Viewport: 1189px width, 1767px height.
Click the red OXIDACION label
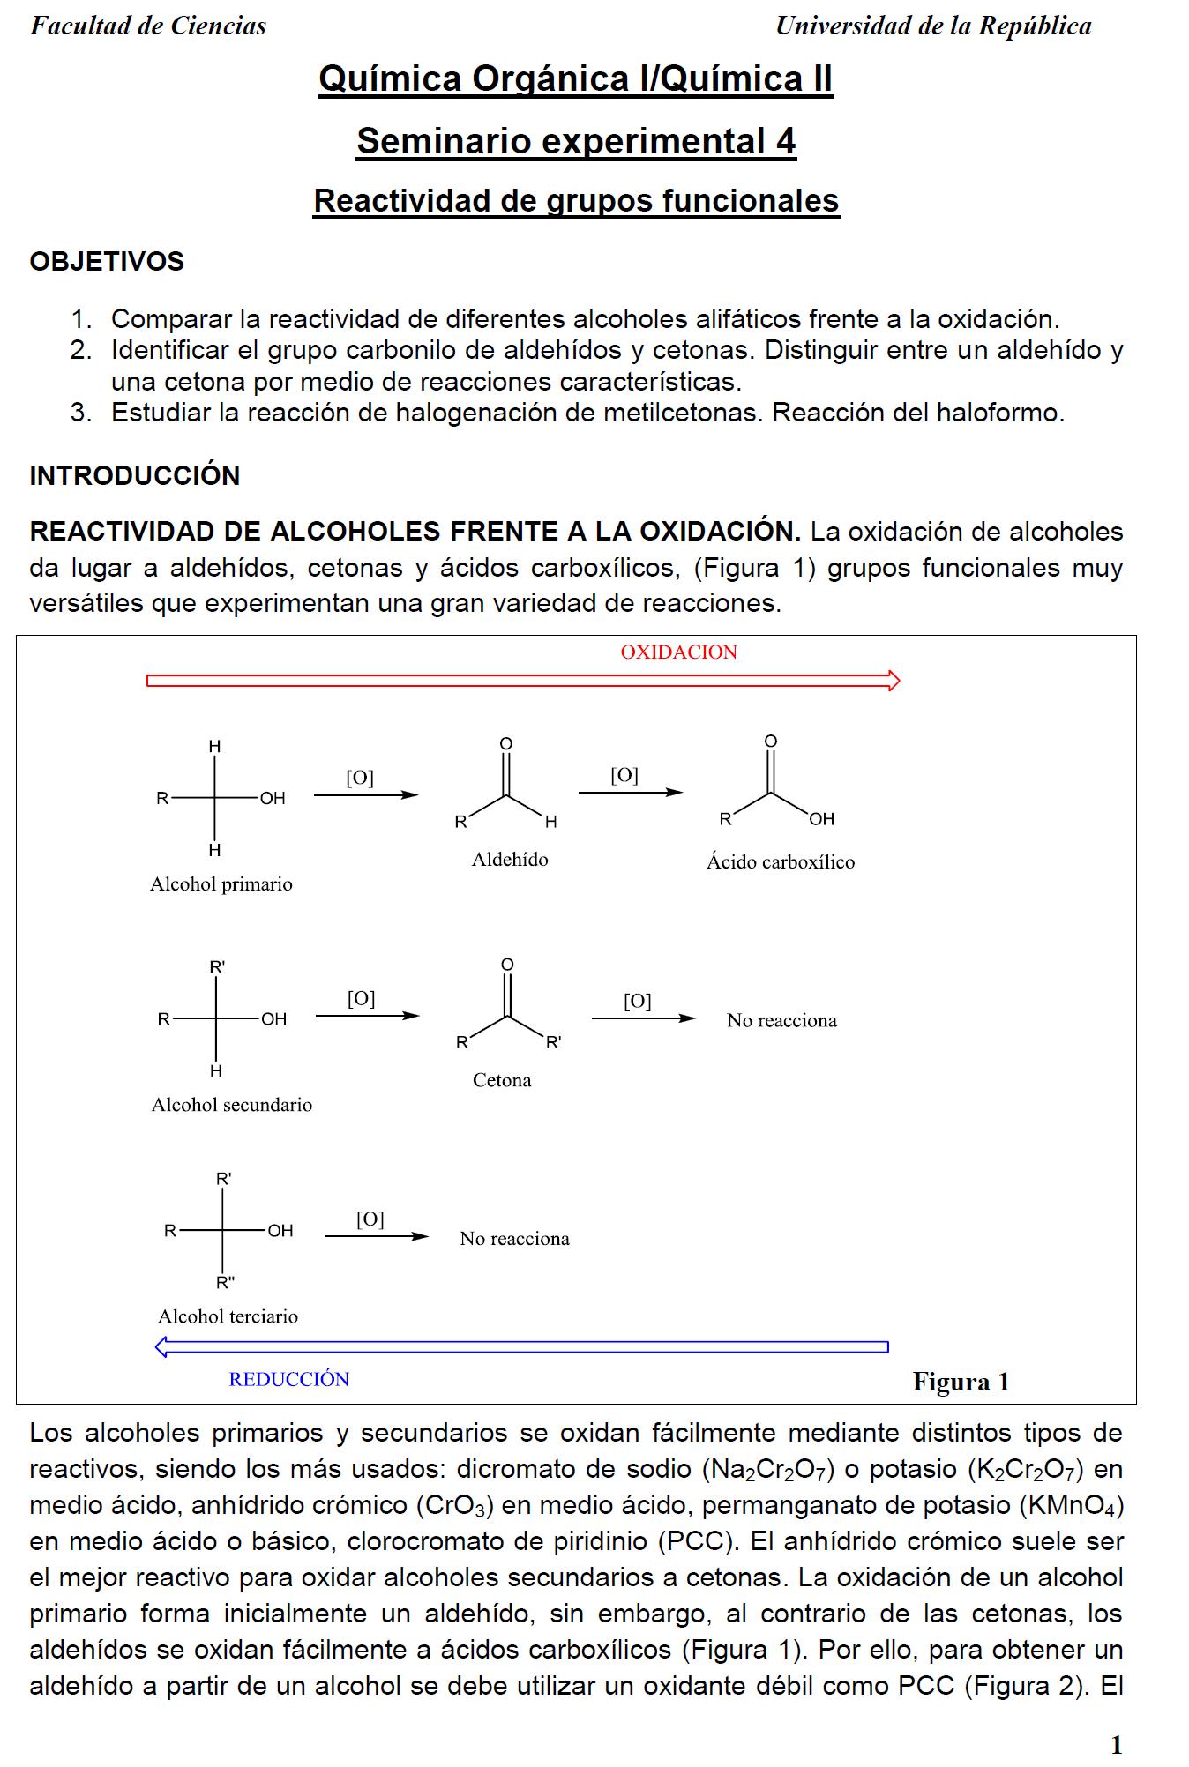tap(678, 652)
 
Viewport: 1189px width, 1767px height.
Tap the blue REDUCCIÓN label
tap(288, 1379)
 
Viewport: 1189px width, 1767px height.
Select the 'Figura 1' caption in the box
tap(961, 1382)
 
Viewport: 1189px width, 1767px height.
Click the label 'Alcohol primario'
tap(221, 884)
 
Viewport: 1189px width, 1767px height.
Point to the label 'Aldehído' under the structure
tap(510, 860)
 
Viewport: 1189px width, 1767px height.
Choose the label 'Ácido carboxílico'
tap(780, 862)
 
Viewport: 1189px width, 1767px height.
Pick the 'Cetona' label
tap(502, 1080)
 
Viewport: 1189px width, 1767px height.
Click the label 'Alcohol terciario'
tap(228, 1316)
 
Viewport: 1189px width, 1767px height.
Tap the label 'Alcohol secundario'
tap(231, 1105)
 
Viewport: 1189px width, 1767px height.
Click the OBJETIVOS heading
tap(107, 262)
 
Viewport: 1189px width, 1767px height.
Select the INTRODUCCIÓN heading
tap(134, 476)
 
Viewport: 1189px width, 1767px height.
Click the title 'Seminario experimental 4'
tap(576, 141)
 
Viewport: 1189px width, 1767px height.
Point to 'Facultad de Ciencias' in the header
tap(148, 26)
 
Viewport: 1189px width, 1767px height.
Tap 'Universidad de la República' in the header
tap(933, 26)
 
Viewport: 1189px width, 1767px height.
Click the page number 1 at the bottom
tap(1116, 1745)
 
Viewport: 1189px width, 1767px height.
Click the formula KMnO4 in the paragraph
tap(1070, 1505)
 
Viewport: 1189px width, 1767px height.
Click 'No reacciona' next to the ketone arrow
tap(781, 1020)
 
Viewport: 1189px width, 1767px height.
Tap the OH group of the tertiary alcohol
tap(280, 1231)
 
